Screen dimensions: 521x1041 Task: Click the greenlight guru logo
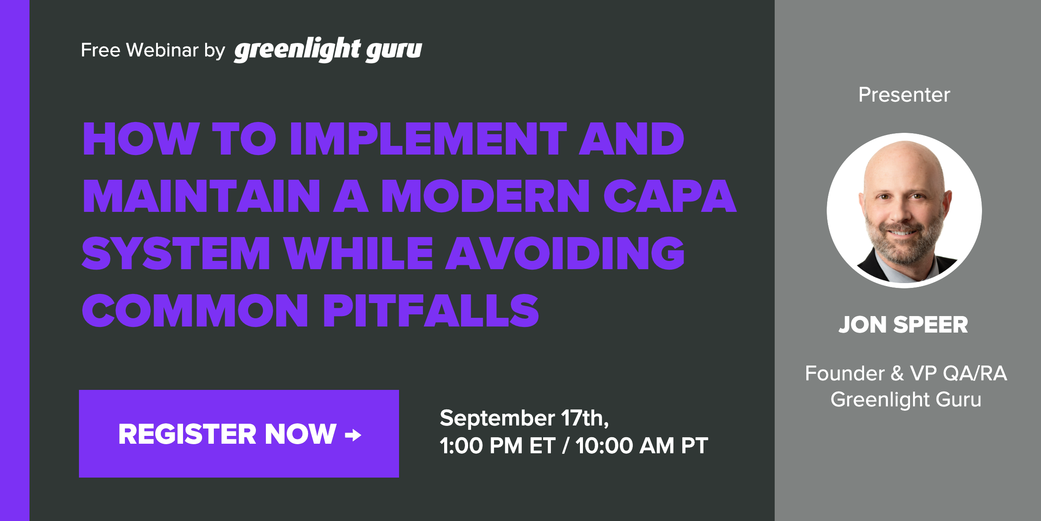[x=328, y=49]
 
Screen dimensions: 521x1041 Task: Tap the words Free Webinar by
[x=153, y=50]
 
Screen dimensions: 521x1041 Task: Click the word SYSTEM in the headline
[x=176, y=254]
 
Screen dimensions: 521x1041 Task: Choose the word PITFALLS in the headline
[x=431, y=311]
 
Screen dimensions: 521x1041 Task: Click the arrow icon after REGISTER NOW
[x=353, y=435]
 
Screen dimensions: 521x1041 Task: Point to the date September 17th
[x=524, y=418]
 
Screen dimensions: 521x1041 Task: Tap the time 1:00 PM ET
[x=497, y=446]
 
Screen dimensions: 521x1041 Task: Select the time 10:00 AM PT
[x=642, y=446]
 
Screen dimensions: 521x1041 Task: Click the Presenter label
[x=904, y=95]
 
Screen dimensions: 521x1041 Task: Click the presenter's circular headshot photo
[x=904, y=211]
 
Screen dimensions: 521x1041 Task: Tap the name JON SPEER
[x=904, y=325]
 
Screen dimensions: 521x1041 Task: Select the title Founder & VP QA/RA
[x=906, y=373]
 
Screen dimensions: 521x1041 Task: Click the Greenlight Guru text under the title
[x=906, y=399]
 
